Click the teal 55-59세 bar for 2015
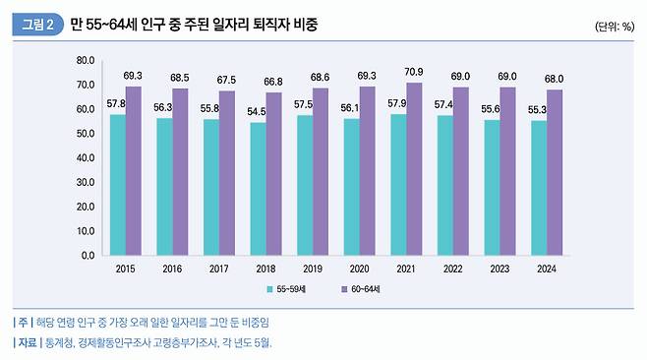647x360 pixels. [x=118, y=184]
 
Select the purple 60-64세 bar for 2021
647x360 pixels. [x=415, y=168]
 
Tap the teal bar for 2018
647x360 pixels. [x=259, y=188]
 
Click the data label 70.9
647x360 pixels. [x=415, y=72]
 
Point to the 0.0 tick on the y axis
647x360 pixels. [x=87, y=255]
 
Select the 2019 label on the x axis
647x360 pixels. [x=314, y=268]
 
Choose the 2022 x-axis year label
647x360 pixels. [x=453, y=268]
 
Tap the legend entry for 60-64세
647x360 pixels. [x=364, y=289]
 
